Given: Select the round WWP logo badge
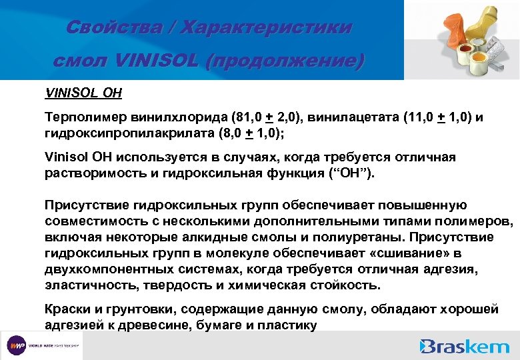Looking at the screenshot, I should point(17,346).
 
